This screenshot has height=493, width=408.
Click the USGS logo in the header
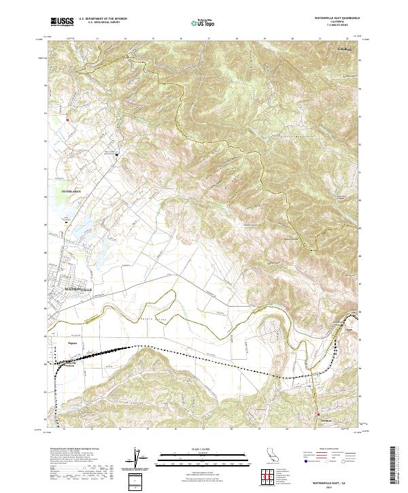tap(60, 22)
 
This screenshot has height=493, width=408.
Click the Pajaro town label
tap(74, 343)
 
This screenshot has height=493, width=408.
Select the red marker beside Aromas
tap(317, 415)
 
